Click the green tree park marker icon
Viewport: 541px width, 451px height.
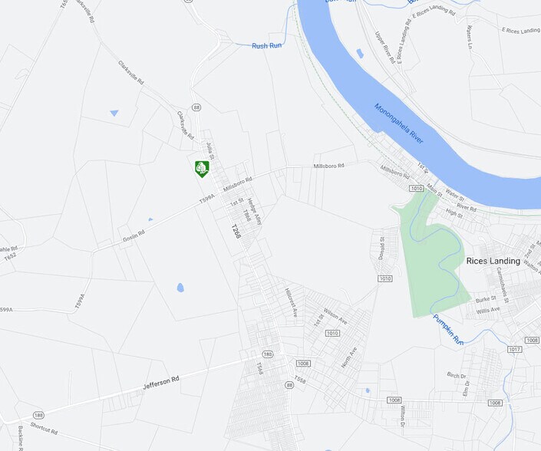click(x=202, y=169)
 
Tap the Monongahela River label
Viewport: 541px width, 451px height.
click(x=399, y=123)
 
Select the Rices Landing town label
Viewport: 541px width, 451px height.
click(x=493, y=261)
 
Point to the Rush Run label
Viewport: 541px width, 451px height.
click(x=266, y=46)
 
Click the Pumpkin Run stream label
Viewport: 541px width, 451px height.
click(x=447, y=329)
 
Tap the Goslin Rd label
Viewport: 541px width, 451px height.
click(x=134, y=237)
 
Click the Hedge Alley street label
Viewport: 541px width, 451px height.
click(x=254, y=211)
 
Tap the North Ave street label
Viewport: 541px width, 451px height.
click(x=349, y=357)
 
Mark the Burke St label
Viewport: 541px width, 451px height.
click(x=486, y=299)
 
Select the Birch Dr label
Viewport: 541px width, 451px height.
click(x=456, y=375)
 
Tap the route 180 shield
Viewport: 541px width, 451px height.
click(x=267, y=354)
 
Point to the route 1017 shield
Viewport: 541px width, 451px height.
click(x=514, y=350)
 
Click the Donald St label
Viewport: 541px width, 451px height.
click(x=381, y=249)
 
